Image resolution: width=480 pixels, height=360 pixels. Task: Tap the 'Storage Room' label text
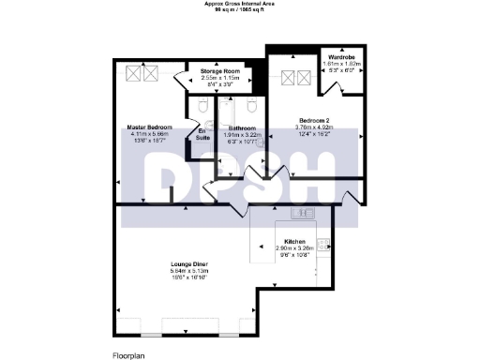click(x=222, y=69)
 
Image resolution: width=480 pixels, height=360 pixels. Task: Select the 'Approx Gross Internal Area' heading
click(x=240, y=4)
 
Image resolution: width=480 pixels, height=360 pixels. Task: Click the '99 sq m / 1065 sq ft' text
click(x=240, y=9)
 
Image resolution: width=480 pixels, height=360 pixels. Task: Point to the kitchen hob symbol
click(x=322, y=245)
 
